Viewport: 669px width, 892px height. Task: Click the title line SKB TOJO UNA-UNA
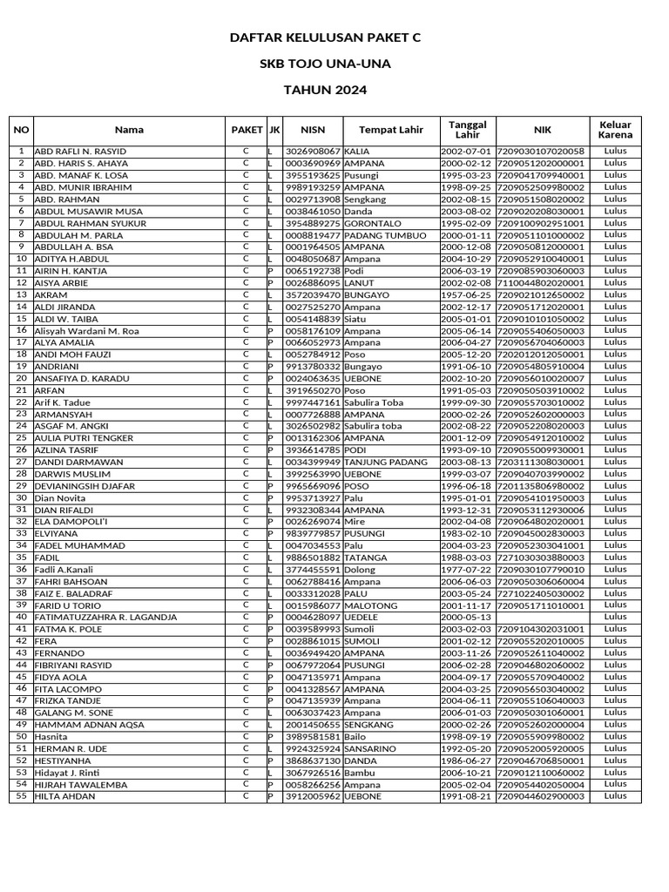(x=324, y=64)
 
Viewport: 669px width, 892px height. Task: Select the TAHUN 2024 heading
(x=324, y=90)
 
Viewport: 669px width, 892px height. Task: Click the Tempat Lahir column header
(x=391, y=130)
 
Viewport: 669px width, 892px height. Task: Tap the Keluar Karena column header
(x=615, y=130)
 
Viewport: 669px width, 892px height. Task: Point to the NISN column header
(x=313, y=130)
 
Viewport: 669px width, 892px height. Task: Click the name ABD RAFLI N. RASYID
(x=80, y=152)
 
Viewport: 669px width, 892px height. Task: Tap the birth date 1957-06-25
(x=467, y=294)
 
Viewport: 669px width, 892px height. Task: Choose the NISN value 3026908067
(x=313, y=152)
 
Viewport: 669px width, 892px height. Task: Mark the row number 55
(x=21, y=796)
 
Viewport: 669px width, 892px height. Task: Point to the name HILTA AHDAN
(x=65, y=796)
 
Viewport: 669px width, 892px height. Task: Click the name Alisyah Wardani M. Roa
(x=86, y=331)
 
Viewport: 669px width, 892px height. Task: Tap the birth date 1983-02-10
(x=467, y=534)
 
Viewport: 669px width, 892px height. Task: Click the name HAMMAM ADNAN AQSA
(x=89, y=725)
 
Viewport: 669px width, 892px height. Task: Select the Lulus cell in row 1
(x=615, y=152)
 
